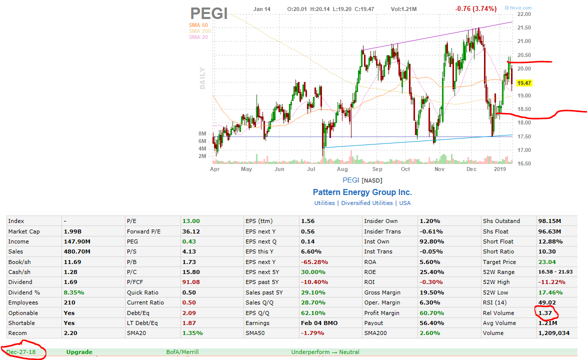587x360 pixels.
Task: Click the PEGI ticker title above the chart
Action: pyautogui.click(x=208, y=13)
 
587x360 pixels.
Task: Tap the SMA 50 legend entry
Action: pyautogui.click(x=198, y=25)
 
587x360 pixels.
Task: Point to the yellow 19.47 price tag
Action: pyautogui.click(x=524, y=83)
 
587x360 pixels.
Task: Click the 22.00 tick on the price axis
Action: pyautogui.click(x=524, y=14)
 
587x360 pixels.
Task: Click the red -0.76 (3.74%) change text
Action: pyautogui.click(x=475, y=8)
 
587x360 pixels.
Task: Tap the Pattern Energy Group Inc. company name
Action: pyautogui.click(x=362, y=192)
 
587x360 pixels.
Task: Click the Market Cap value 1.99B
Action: pyautogui.click(x=73, y=231)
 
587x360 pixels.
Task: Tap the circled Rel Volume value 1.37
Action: pyautogui.click(x=545, y=313)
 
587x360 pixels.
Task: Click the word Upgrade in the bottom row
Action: pyautogui.click(x=79, y=352)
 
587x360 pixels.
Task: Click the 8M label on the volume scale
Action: pyautogui.click(x=202, y=134)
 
